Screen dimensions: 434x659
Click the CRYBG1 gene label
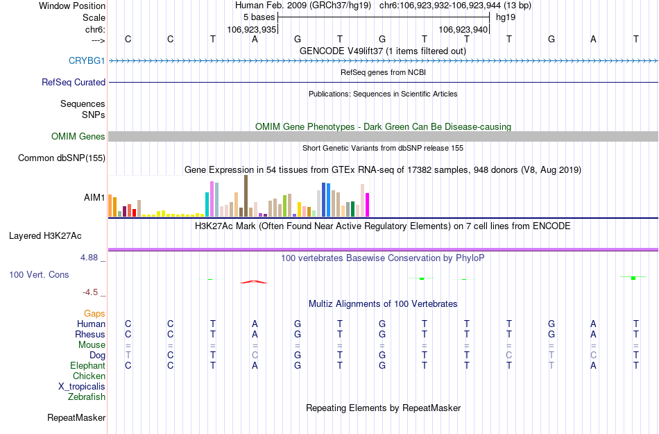click(87, 61)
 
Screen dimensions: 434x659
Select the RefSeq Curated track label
click(74, 82)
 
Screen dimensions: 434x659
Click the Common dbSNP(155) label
click(62, 158)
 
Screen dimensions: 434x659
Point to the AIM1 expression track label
click(94, 198)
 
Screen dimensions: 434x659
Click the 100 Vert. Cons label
click(39, 275)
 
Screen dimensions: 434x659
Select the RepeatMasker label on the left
click(76, 418)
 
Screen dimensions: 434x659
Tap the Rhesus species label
click(90, 335)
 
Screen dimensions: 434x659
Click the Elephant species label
click(88, 366)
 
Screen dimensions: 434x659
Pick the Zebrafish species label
click(87, 397)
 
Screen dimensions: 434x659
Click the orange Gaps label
click(95, 314)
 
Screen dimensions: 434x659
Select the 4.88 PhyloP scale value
click(92, 258)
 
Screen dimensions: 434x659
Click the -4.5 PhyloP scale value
click(93, 292)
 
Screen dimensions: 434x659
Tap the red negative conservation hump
click(253, 281)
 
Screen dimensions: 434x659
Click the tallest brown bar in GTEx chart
click(246, 196)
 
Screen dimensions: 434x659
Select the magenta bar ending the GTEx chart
click(367, 205)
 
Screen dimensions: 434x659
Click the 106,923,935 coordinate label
click(252, 30)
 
